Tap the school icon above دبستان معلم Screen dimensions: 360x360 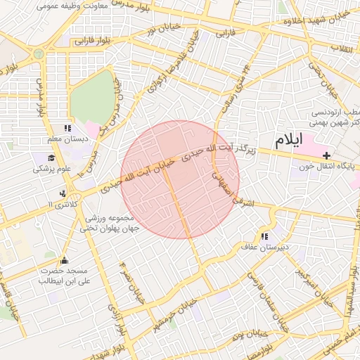pyautogui.click(x=67, y=128)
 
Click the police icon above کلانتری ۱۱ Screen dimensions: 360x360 pyautogui.click(x=64, y=193)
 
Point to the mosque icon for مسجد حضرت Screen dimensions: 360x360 pyautogui.click(x=65, y=261)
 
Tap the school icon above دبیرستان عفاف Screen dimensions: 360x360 pyautogui.click(x=264, y=237)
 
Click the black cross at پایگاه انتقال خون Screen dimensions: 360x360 pyautogui.click(x=326, y=155)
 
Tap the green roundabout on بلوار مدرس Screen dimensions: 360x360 pyautogui.click(x=38, y=53)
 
